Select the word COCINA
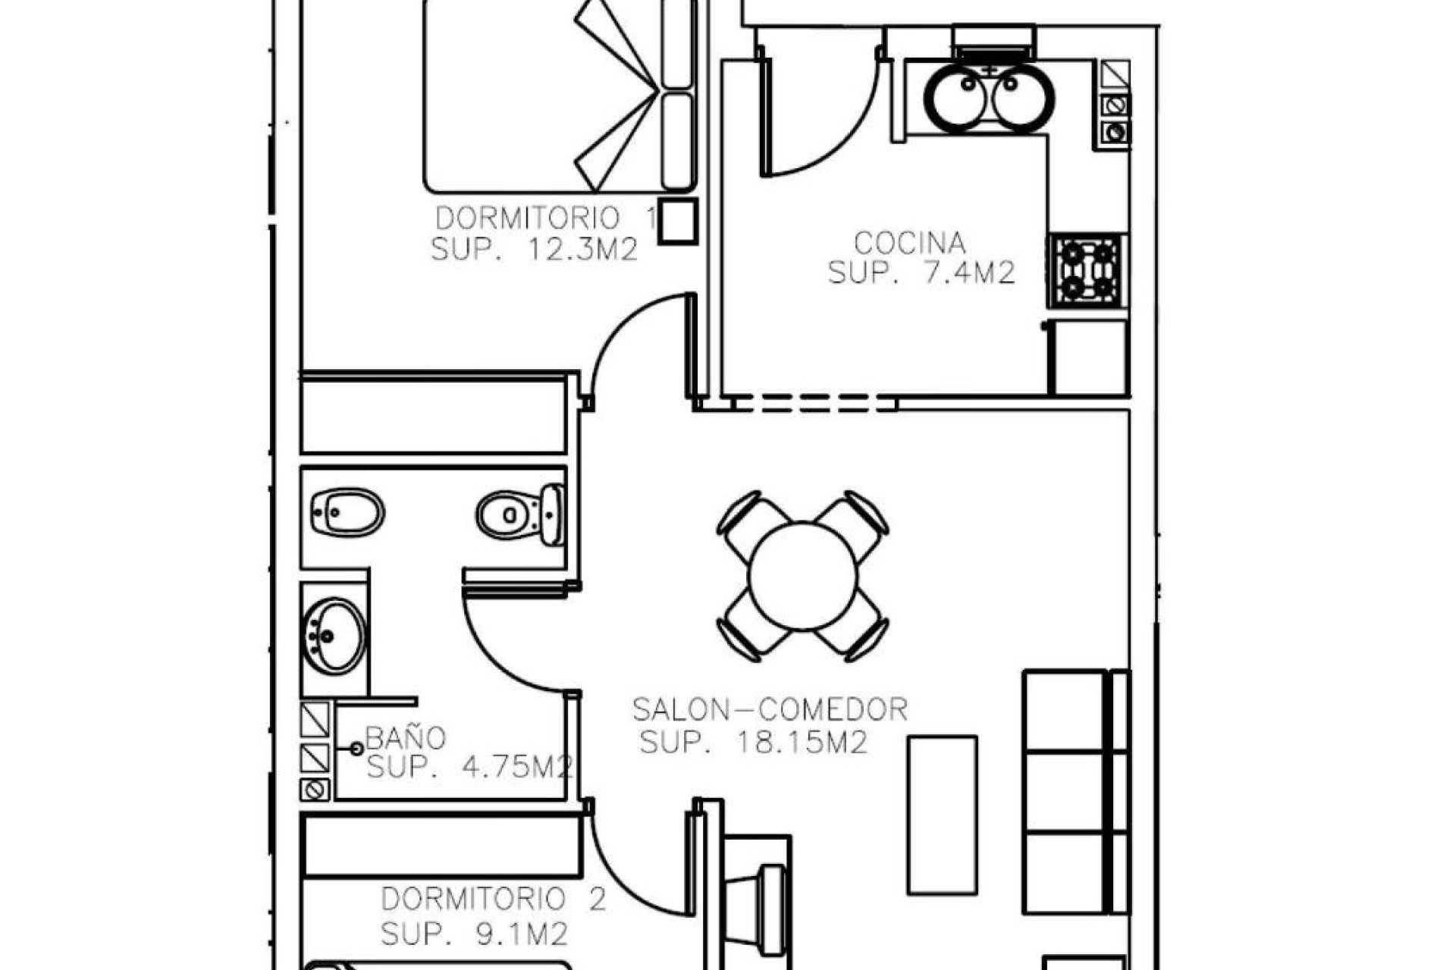pyautogui.click(x=910, y=243)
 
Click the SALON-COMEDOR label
pyautogui.click(x=770, y=710)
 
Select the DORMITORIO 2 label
pyautogui.click(x=493, y=900)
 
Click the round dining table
pyautogui.click(x=802, y=576)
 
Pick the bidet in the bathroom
pyautogui.click(x=347, y=513)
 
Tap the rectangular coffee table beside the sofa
pyautogui.click(x=943, y=815)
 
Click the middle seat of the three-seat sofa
pyautogui.click(x=1064, y=791)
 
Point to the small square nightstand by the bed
pyautogui.click(x=676, y=221)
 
